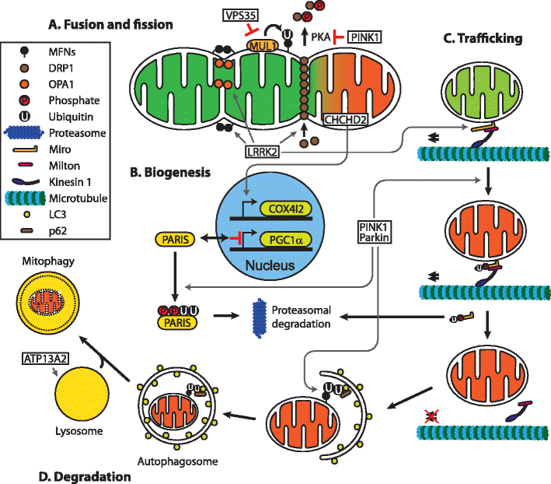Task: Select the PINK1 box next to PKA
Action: click(363, 36)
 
